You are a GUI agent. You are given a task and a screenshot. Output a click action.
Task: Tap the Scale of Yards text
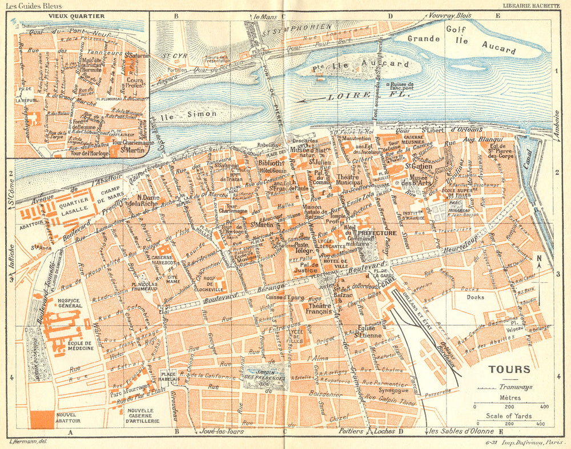pyautogui.click(x=508, y=415)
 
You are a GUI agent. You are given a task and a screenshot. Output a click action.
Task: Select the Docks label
pyautogui.click(x=475, y=297)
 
